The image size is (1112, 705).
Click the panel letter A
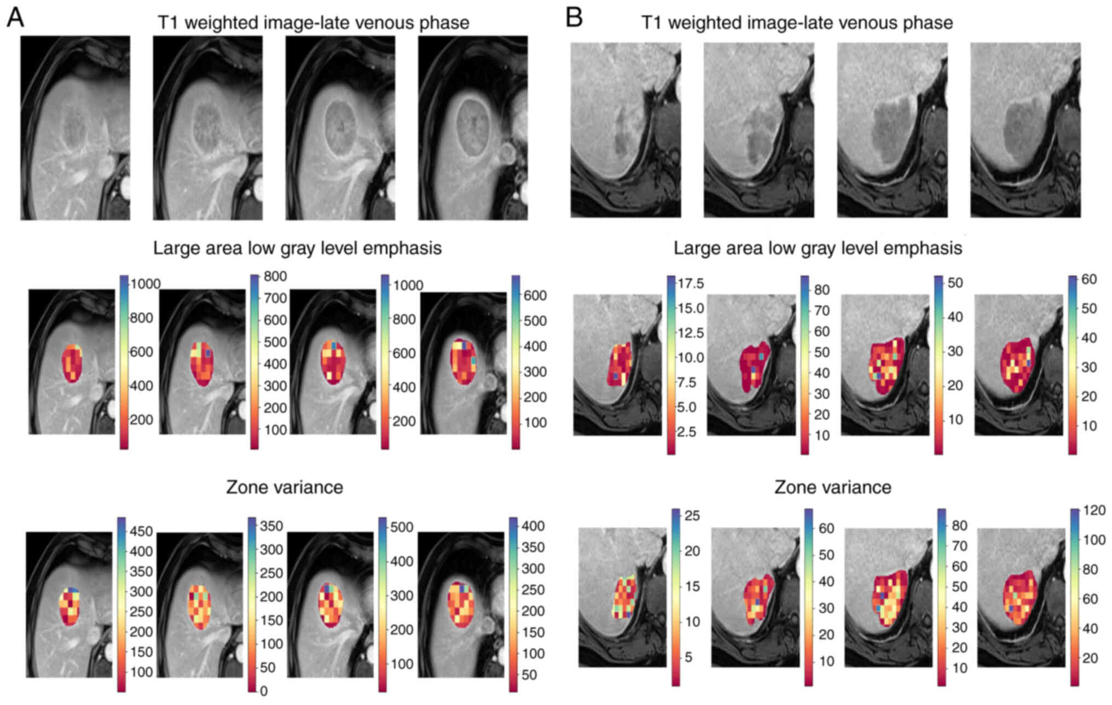tap(15, 18)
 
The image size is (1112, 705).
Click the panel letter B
tap(574, 18)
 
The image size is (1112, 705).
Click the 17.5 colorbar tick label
tap(691, 283)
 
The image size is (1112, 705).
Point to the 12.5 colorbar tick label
tap(691, 333)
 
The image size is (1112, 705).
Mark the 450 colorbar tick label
tap(141, 531)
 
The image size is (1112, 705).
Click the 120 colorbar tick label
tap(1094, 510)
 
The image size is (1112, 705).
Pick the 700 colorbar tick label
tap(275, 298)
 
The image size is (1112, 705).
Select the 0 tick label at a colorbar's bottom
tap(264, 691)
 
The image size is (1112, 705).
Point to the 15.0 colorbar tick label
tap(691, 308)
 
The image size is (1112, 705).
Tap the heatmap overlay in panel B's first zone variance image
tap(624, 597)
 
